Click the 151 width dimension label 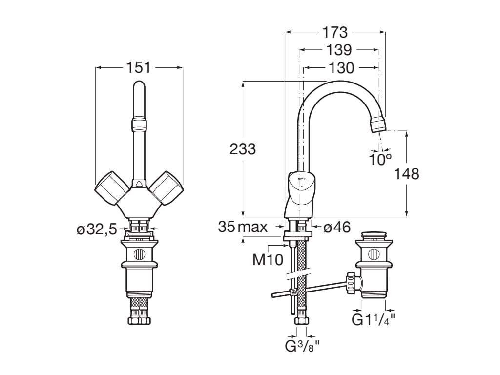coord(139,67)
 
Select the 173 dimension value coord(335,32)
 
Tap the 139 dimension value coord(338,50)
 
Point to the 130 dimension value coord(341,68)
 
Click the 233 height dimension coord(243,149)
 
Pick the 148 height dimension coord(407,173)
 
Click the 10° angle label coord(380,159)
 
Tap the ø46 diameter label coord(337,227)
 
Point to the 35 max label coord(243,227)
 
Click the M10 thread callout coord(268,260)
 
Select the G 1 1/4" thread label coord(374,320)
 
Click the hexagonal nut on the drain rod coord(351,282)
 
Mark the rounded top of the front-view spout coord(139,88)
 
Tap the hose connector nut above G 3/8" coord(302,321)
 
